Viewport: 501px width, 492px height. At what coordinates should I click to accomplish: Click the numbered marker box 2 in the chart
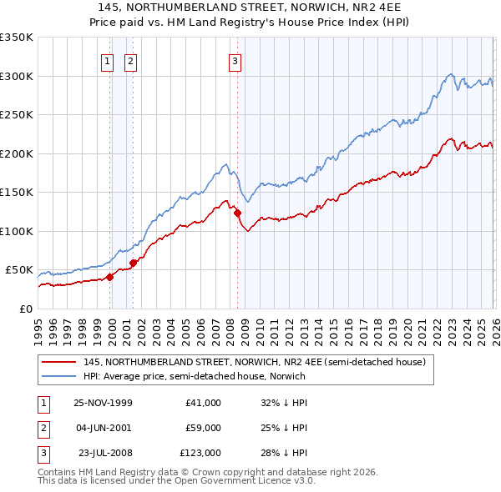click(131, 60)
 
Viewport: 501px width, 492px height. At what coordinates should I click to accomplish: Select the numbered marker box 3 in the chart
click(235, 60)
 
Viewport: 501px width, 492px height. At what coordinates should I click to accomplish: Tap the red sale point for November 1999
click(109, 278)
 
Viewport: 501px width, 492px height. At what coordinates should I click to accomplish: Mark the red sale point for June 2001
click(133, 264)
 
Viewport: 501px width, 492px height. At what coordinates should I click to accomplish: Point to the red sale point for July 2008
click(237, 213)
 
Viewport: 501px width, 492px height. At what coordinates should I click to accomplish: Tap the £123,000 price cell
click(200, 453)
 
